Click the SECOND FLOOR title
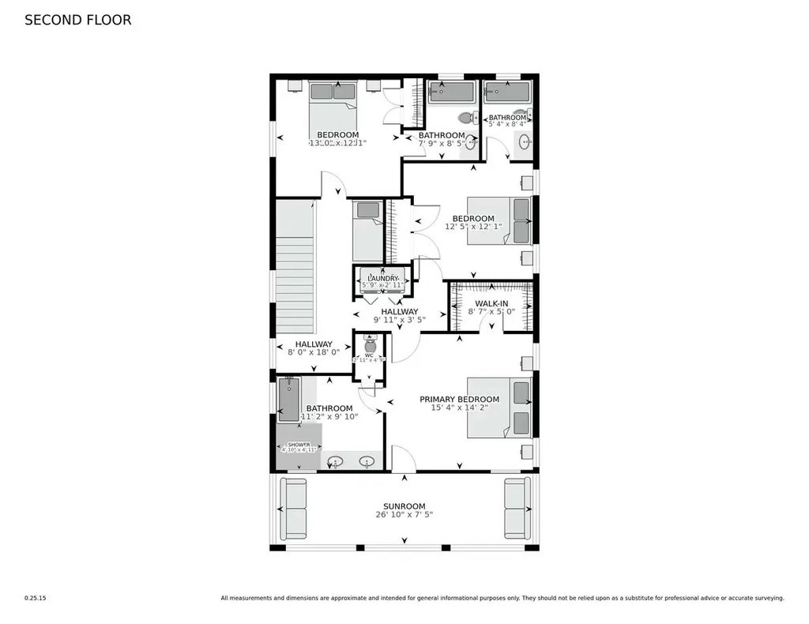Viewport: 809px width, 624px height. (77, 21)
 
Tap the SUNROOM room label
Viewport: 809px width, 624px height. (404, 506)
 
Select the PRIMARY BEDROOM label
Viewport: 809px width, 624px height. (459, 399)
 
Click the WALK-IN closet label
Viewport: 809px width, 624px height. (491, 303)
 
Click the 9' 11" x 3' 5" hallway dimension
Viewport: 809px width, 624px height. (399, 320)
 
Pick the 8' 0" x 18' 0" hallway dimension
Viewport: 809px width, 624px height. (313, 352)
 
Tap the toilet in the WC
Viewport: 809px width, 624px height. (370, 344)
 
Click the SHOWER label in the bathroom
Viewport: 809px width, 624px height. (299, 445)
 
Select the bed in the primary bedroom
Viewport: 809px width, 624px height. (499, 408)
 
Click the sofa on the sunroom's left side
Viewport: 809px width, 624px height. (294, 508)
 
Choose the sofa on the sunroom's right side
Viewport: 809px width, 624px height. (517, 508)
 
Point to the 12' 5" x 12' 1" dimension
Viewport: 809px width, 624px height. (473, 227)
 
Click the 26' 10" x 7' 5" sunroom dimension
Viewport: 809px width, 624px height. (404, 515)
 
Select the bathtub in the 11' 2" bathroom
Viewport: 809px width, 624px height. (288, 399)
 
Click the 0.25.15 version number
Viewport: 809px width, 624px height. (36, 598)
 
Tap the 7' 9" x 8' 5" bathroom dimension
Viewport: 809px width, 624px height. (442, 144)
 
